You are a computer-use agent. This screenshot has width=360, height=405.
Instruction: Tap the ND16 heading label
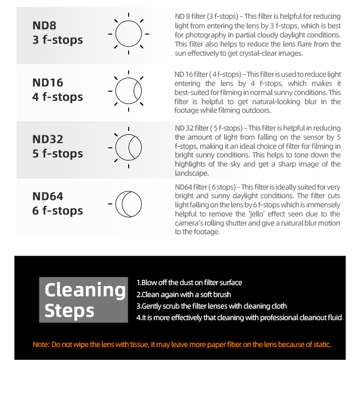[48, 83]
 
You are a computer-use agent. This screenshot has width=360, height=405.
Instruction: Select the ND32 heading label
[48, 140]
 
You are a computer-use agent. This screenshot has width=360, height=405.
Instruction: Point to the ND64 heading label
[48, 196]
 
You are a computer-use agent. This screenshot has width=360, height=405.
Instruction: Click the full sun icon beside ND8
[128, 34]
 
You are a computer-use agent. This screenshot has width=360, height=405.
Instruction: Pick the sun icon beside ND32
[128, 147]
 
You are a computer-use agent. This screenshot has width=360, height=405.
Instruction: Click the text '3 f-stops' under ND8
[58, 40]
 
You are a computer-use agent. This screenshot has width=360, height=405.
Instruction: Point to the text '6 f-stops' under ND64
[58, 211]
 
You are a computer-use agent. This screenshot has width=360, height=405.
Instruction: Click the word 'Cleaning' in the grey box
[84, 290]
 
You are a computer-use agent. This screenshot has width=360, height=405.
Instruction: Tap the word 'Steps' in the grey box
[69, 311]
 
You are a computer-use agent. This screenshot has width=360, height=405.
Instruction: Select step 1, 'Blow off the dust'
[189, 283]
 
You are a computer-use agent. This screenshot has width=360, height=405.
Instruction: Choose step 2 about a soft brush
[183, 294]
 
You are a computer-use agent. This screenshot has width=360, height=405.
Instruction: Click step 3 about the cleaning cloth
[211, 306]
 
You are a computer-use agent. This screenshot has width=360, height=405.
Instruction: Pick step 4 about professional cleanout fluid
[239, 318]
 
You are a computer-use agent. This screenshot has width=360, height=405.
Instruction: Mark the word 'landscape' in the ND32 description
[192, 173]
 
